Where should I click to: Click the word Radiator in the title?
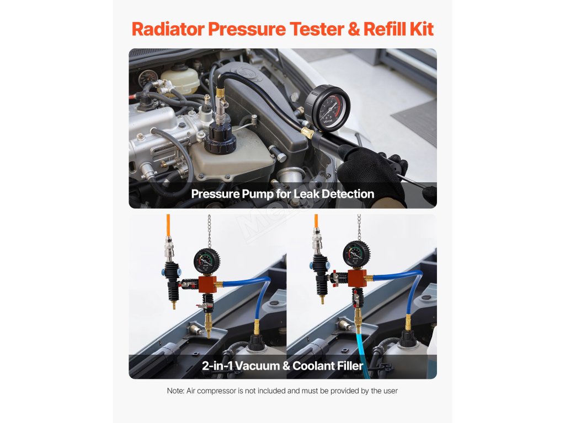[x=168, y=29]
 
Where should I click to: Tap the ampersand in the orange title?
[x=354, y=29]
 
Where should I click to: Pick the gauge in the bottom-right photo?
[x=356, y=254]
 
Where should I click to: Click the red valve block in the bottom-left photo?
[x=207, y=285]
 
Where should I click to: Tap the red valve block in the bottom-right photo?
[x=357, y=278]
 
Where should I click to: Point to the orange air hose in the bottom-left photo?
[x=168, y=225]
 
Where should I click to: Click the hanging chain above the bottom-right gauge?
[x=359, y=227]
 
